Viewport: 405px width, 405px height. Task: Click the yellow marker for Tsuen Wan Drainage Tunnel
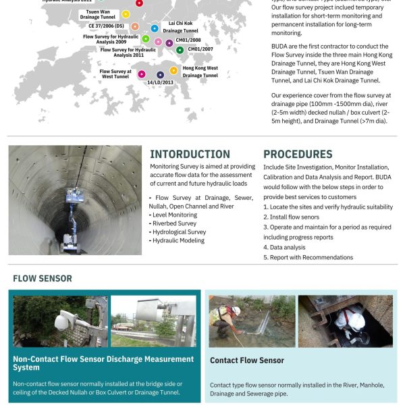[126, 14]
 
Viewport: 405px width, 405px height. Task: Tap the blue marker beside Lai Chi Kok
[155, 28]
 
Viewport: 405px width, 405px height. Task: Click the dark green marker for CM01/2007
[180, 50]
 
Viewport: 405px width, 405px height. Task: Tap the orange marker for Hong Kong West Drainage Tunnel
[173, 70]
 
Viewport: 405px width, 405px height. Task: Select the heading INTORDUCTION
[190, 155]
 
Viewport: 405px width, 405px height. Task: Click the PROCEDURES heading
[298, 155]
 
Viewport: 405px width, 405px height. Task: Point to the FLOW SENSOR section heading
[43, 278]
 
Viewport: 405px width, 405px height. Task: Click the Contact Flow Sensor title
[247, 360]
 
